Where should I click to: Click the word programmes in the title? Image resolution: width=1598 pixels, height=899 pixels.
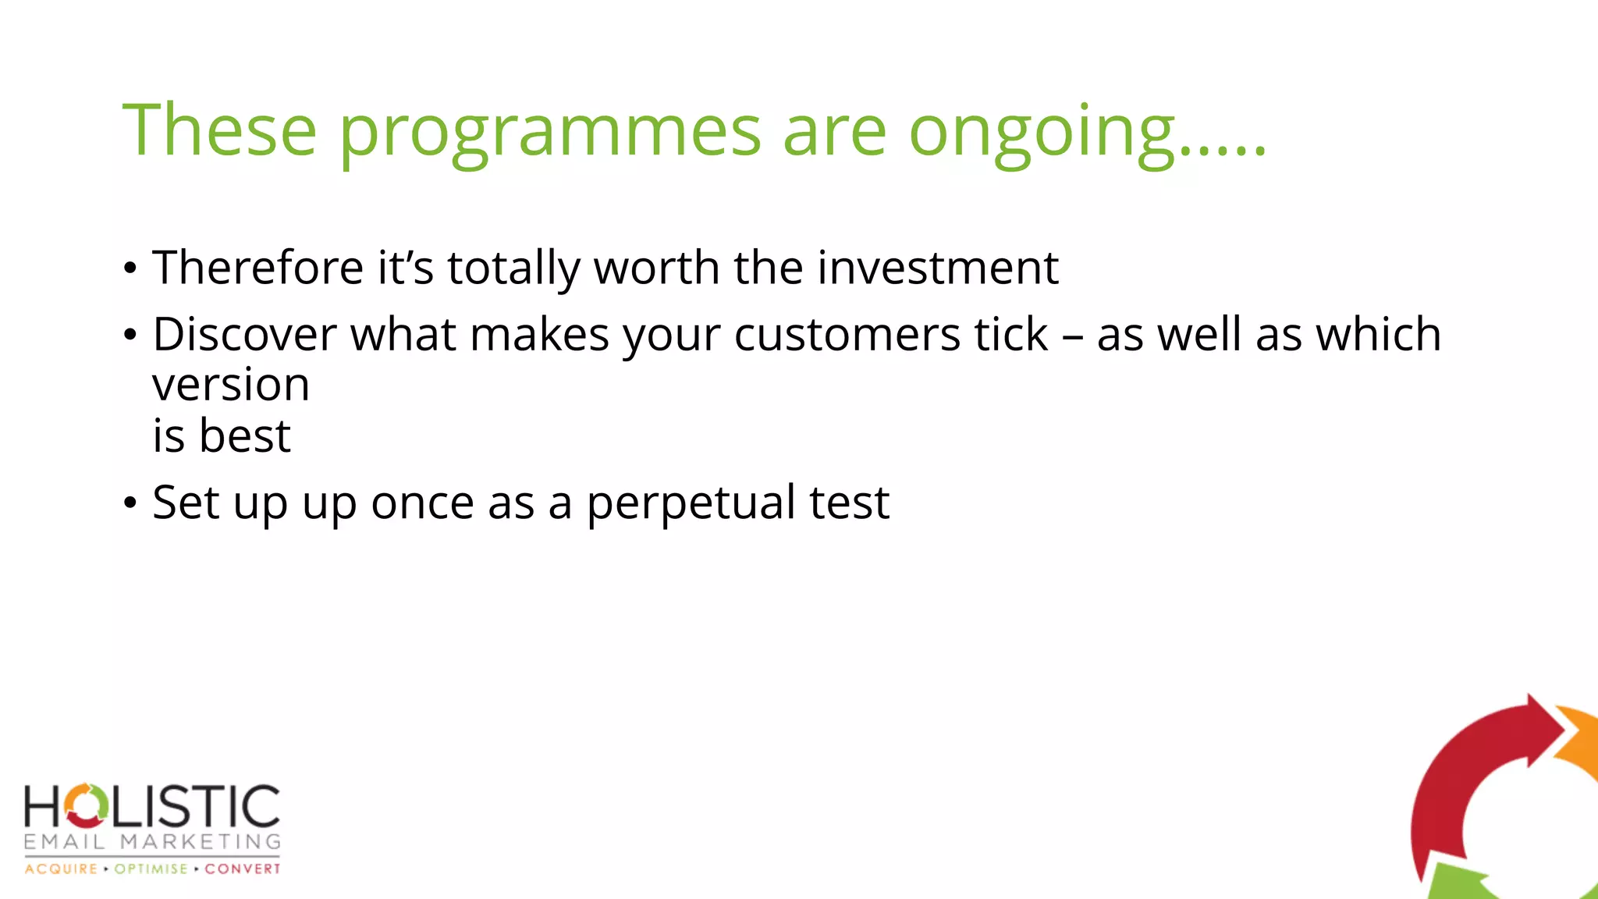[x=549, y=133]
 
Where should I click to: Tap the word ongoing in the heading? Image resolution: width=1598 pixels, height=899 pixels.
[x=1042, y=133]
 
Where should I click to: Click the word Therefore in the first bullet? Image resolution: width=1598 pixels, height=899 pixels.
[x=257, y=268]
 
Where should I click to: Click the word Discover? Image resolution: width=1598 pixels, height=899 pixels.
[x=244, y=335]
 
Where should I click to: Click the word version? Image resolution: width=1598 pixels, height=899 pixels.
[x=231, y=385]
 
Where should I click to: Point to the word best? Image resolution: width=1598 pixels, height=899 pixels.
[x=245, y=435]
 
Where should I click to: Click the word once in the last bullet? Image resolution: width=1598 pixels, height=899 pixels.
[x=422, y=503]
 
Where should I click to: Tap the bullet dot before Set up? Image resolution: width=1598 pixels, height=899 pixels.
[x=130, y=503]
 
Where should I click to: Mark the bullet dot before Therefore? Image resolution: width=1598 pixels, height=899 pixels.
[x=130, y=268]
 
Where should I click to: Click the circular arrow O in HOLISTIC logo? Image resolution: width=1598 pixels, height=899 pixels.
[x=86, y=805]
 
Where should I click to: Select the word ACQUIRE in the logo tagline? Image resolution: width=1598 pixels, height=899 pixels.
[x=61, y=869]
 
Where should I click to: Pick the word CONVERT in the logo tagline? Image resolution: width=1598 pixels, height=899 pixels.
[x=242, y=869]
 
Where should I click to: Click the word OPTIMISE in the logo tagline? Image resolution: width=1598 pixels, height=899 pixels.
[x=151, y=869]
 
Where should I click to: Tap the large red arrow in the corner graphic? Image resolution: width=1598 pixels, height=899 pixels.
[x=1467, y=773]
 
